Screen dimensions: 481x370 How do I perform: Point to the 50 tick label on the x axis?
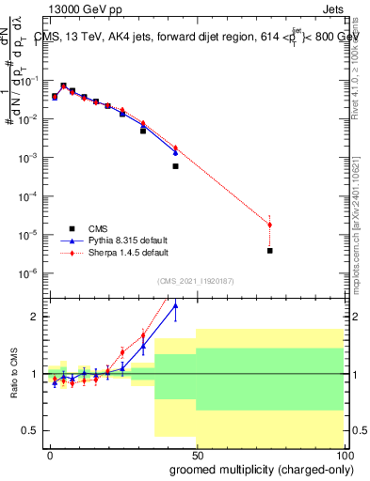tap(197, 454)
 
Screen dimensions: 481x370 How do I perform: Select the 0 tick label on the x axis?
tap(50, 454)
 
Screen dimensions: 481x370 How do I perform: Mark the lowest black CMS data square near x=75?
tap(270, 251)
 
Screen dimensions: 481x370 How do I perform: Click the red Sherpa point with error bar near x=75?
tap(270, 225)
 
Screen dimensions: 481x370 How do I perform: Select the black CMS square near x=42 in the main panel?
tap(175, 166)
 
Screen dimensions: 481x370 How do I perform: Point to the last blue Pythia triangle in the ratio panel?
tap(175, 330)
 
